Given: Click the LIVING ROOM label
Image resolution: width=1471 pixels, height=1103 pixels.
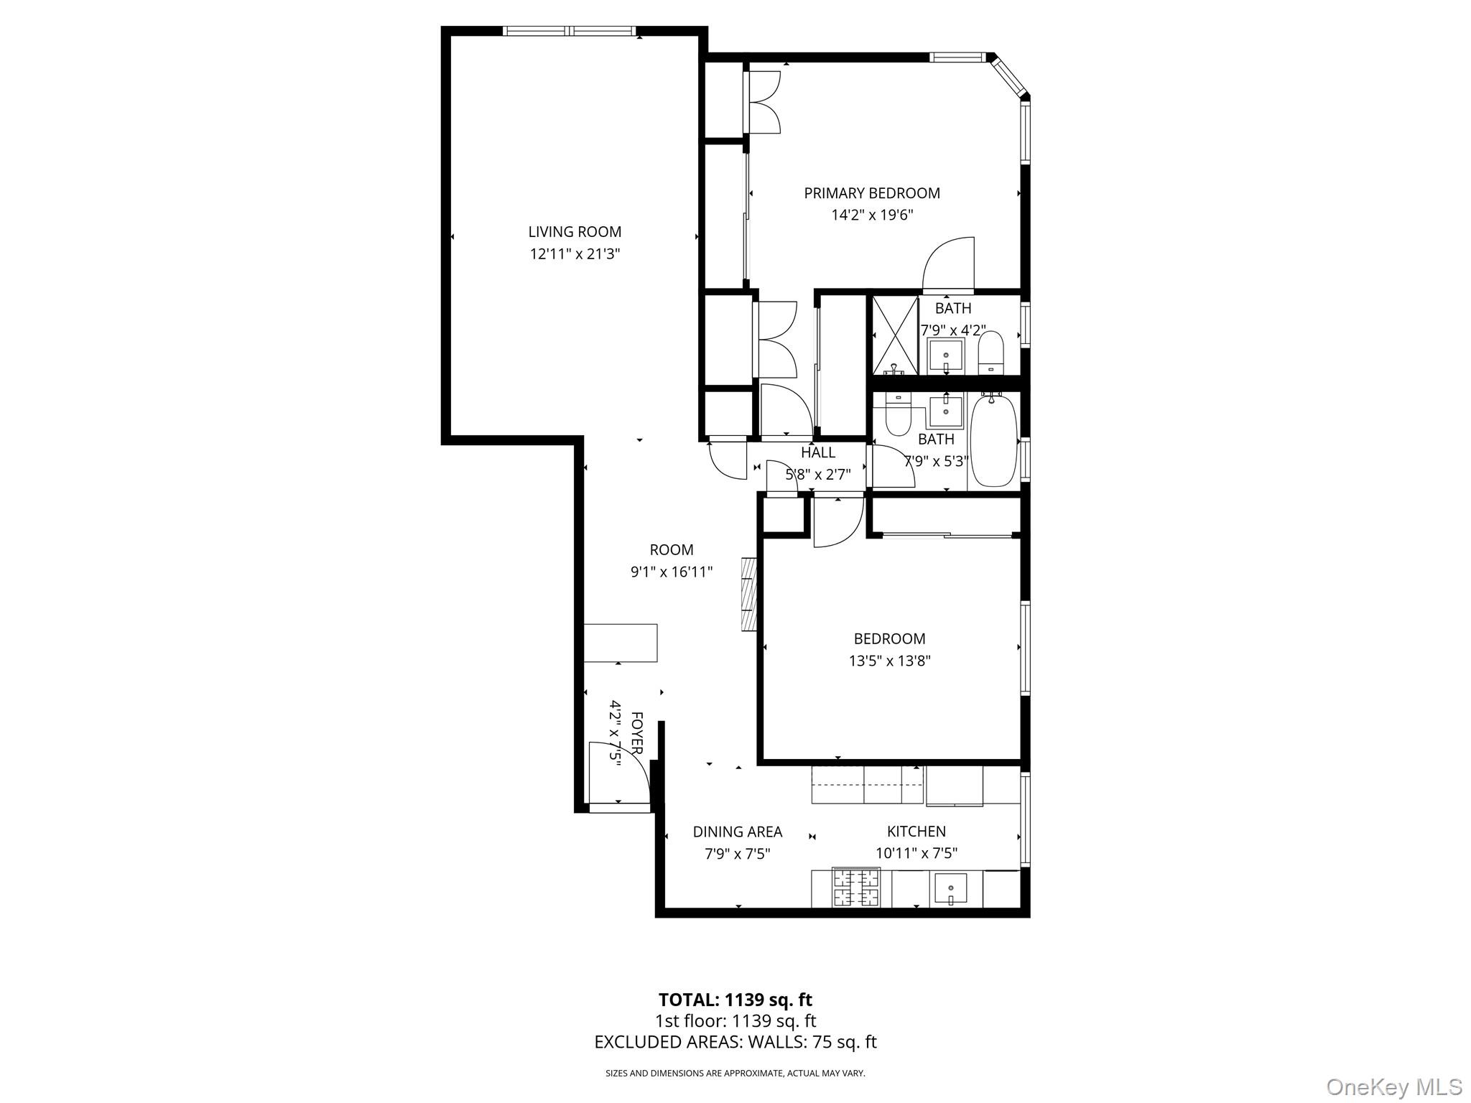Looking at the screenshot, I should coord(575,232).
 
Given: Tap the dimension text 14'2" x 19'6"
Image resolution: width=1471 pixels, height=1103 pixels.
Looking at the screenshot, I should coord(872,215).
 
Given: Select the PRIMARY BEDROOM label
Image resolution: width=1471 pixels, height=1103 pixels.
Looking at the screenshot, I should coord(872,193).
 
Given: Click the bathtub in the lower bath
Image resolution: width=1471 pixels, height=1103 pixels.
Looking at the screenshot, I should coord(994,441).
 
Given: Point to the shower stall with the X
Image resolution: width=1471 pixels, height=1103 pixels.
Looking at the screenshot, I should coord(895,335).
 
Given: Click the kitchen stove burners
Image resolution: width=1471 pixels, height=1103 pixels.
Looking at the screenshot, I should coord(855,888).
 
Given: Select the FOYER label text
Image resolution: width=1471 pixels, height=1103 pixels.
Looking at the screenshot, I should coord(636,732).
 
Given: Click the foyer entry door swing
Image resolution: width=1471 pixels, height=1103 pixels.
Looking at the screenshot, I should coord(616,772).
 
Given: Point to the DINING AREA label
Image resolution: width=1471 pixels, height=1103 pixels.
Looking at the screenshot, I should coord(737,832).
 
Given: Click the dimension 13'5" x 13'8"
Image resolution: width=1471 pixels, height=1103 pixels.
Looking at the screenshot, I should coord(889,661).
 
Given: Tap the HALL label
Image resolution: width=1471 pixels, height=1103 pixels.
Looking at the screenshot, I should coord(818,452).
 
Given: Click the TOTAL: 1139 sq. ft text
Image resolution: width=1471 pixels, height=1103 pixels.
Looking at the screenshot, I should coord(735,1000).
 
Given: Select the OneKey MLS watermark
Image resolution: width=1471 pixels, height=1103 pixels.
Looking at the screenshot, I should coord(1393,1086).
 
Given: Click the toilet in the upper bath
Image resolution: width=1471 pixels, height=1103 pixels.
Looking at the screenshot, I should coord(991,352).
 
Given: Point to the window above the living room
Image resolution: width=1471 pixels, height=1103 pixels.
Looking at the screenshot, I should coord(569,31).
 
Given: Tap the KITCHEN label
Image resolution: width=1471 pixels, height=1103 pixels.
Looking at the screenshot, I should coord(916,831).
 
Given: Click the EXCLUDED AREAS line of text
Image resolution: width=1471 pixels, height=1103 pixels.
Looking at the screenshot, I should coord(735,1042).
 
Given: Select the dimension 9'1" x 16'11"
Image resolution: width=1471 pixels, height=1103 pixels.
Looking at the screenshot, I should coord(671,572).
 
